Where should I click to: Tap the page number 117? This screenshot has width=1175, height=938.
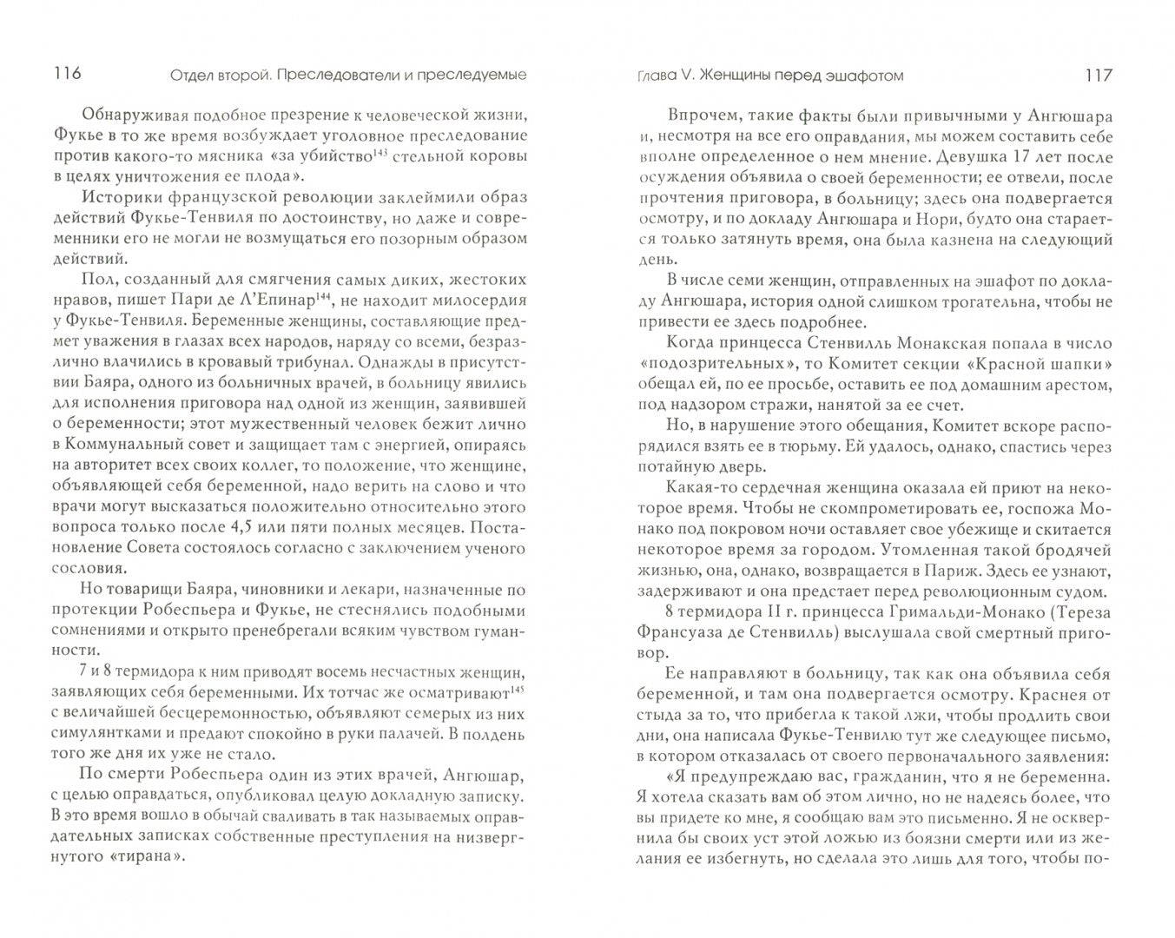[x=1098, y=76]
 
